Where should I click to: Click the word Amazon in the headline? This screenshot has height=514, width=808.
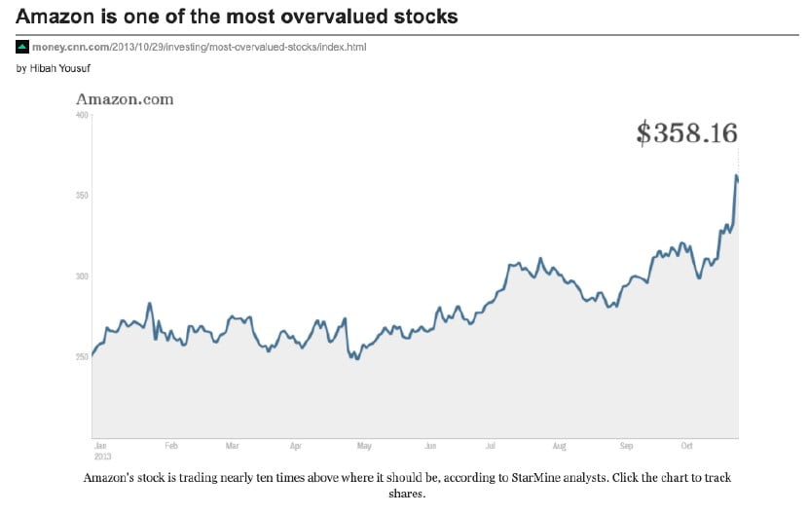tap(55, 17)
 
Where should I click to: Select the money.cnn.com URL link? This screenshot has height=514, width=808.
tap(199, 47)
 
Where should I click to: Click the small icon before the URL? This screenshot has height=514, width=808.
tap(22, 47)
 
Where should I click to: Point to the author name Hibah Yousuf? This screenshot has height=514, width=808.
tap(67, 68)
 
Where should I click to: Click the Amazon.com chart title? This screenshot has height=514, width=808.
tap(125, 98)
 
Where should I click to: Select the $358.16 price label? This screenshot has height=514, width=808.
tap(686, 133)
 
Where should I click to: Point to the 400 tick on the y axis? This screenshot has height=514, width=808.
tap(82, 116)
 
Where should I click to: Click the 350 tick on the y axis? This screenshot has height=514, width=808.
tap(82, 196)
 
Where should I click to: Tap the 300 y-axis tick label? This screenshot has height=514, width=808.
tap(82, 276)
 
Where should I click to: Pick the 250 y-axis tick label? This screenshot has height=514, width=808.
tap(82, 356)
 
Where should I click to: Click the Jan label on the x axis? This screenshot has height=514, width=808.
tap(100, 446)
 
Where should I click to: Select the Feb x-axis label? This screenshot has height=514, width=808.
tap(171, 446)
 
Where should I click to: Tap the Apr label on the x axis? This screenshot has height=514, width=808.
tap(296, 446)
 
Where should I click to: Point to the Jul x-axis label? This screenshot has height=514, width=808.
tap(491, 446)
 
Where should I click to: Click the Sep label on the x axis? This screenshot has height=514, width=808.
tap(626, 446)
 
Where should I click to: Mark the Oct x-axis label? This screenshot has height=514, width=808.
tap(686, 446)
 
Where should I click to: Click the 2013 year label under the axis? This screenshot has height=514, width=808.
tap(101, 456)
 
